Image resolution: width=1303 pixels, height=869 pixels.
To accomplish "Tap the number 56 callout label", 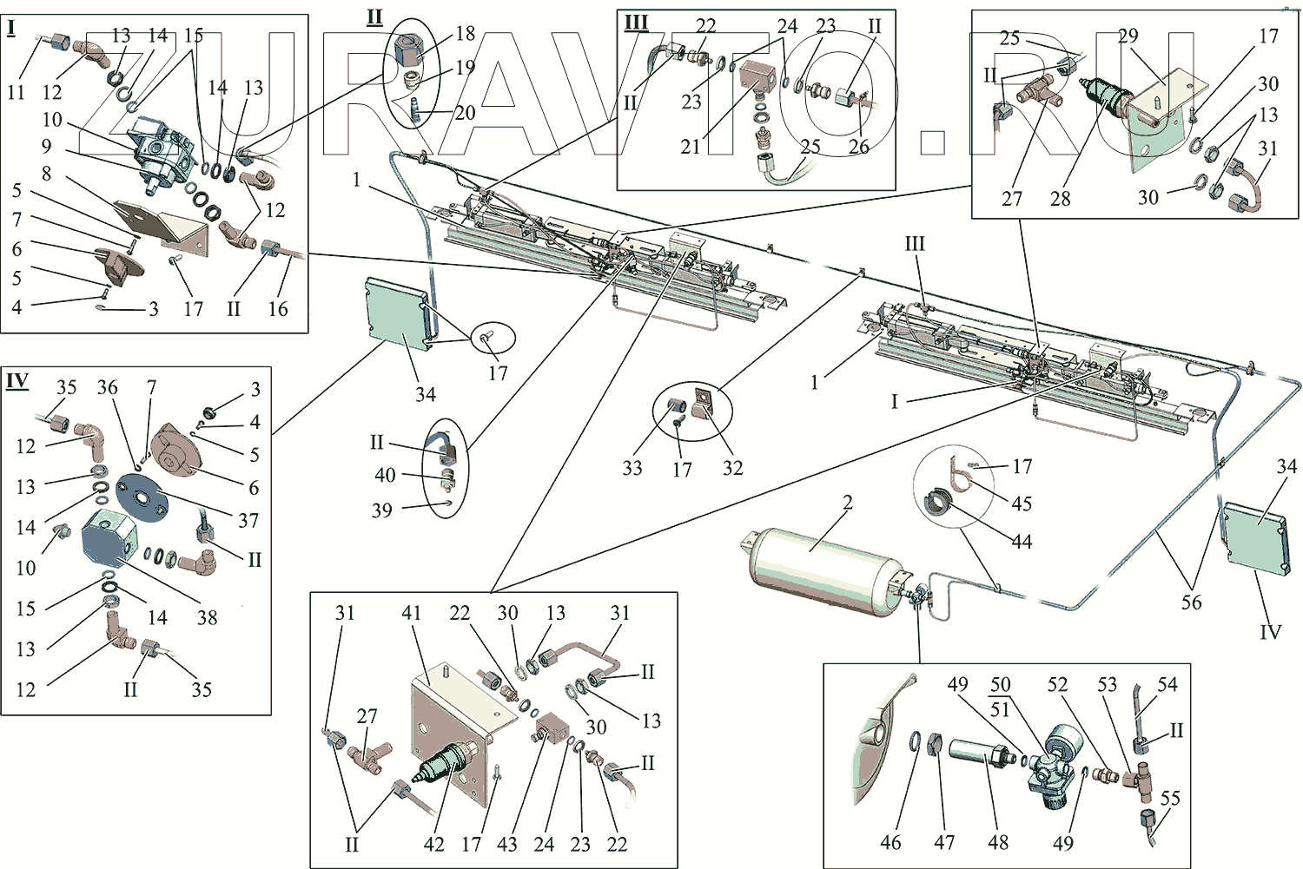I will [x=1191, y=602].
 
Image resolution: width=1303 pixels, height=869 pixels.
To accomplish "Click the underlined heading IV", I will [x=17, y=381].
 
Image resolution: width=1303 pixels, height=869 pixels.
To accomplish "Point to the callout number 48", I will [x=998, y=842].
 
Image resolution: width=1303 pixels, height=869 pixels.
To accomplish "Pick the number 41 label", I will [x=411, y=613].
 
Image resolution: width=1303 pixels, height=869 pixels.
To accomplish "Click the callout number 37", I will [x=248, y=520].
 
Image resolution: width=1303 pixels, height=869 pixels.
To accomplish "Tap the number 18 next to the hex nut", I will [x=466, y=33].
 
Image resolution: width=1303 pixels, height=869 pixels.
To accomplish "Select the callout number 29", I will [x=1128, y=36].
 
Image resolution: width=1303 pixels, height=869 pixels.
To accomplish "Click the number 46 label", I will [x=890, y=842].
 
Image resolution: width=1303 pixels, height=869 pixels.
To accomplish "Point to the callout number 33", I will [x=632, y=468].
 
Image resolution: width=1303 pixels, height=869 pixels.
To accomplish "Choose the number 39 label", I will [x=382, y=510].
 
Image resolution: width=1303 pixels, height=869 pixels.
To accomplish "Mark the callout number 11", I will [x=17, y=91].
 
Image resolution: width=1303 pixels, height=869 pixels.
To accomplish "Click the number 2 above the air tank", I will [x=848, y=502].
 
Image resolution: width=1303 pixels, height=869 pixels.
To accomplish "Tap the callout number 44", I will [x=1022, y=542].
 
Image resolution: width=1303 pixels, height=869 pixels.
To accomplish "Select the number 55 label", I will [x=1170, y=798].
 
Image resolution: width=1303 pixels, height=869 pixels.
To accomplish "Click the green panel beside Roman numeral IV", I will [x=1256, y=537].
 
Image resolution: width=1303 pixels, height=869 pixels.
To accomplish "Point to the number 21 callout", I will [x=691, y=146].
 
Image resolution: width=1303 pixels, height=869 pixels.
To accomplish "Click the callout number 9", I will [x=46, y=146].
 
